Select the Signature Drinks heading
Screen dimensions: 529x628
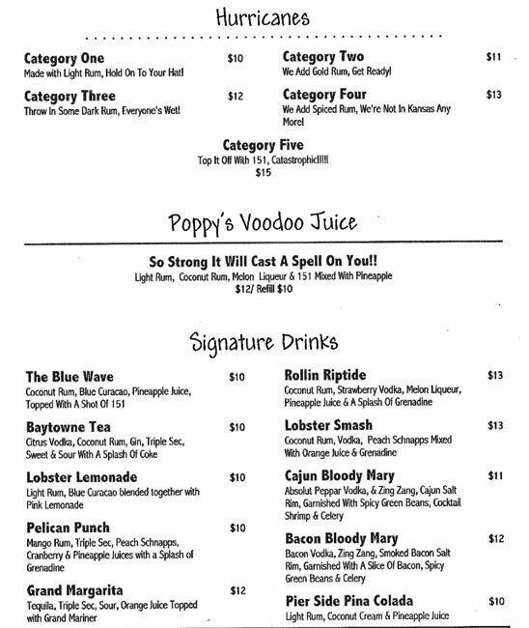(x=265, y=341)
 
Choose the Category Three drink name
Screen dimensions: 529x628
(x=70, y=97)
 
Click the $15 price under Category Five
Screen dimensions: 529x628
(x=264, y=174)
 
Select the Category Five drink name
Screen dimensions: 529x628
(x=264, y=145)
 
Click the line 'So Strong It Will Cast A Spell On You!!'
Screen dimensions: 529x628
(x=264, y=261)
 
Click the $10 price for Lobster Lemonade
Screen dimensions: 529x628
(x=237, y=477)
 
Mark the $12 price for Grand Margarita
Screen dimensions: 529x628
(x=237, y=590)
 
